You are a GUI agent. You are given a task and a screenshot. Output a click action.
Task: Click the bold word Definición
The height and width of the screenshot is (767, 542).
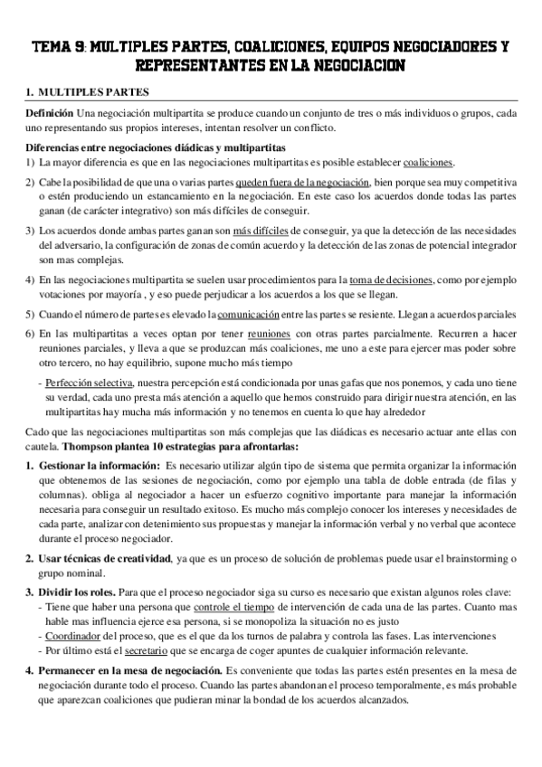click(x=49, y=112)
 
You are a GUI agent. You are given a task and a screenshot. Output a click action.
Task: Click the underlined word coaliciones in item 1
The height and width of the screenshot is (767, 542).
click(x=429, y=163)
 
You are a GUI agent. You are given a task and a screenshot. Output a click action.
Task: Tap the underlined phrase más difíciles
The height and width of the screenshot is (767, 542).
click(x=260, y=230)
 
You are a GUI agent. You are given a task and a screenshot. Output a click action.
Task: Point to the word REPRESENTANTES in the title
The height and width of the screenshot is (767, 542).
click(x=195, y=66)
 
